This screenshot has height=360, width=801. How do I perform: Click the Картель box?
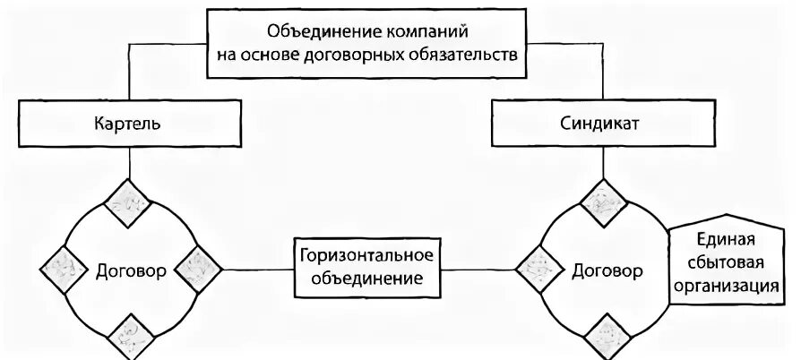coord(131,124)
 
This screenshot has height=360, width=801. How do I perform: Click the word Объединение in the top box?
coord(316,30)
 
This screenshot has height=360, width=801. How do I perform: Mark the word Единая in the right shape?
coord(727,240)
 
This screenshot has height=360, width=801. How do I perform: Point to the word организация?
coord(727,287)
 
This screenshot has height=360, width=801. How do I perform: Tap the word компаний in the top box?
coord(421,30)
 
